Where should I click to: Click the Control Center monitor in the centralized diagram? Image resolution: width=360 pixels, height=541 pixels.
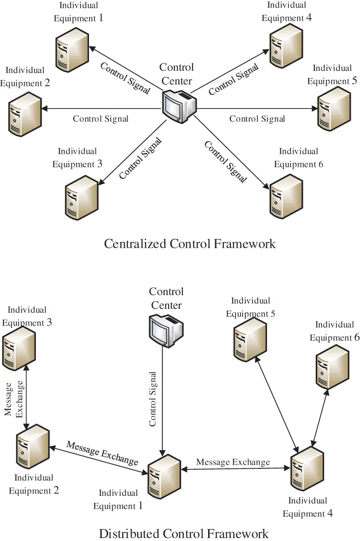click(179, 105)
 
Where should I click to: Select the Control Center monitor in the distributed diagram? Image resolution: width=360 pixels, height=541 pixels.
click(166, 330)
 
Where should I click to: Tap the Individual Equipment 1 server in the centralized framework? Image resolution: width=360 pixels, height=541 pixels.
click(72, 49)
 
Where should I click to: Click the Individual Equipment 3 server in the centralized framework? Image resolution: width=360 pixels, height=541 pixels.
click(81, 198)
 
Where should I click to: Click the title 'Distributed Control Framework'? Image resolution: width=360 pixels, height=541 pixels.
click(183, 533)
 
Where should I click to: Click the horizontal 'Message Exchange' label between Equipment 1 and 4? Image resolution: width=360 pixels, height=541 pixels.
click(233, 462)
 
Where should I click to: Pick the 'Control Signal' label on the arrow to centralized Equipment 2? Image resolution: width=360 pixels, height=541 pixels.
click(101, 119)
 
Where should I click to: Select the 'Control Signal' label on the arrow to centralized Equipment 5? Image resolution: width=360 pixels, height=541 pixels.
click(257, 119)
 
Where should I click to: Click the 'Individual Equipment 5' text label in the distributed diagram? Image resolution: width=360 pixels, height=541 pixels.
click(251, 307)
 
